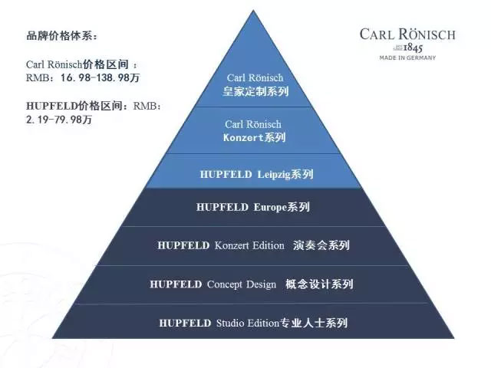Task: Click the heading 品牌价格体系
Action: coord(61,36)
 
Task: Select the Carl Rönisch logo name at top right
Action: coord(407,34)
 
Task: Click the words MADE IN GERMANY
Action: coord(407,58)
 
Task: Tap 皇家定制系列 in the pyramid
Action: coord(255,91)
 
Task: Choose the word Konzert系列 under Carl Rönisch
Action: coord(255,138)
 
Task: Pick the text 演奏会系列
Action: coord(321,245)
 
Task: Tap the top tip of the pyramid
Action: coord(254,11)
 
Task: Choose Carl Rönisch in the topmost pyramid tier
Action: coord(255,77)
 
